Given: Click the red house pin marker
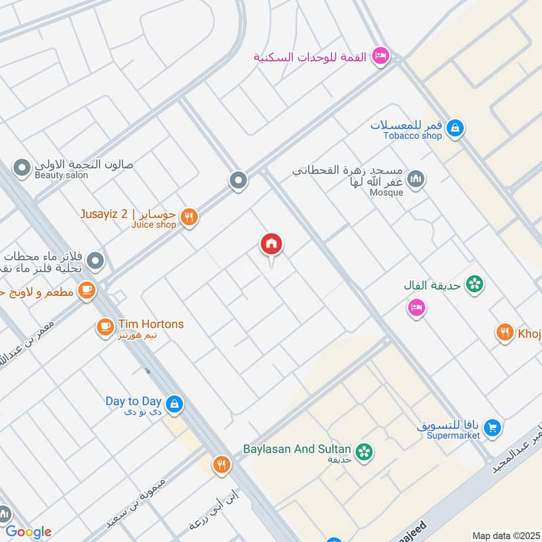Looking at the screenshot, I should pyautogui.click(x=272, y=245).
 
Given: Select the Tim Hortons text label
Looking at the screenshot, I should pyautogui.click(x=150, y=325).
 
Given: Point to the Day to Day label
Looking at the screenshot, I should pyautogui.click(x=133, y=401).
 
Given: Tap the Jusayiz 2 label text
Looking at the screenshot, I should pyautogui.click(x=105, y=214).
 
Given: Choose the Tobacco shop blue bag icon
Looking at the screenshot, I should pyautogui.click(x=455, y=127).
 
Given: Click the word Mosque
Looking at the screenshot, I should pyautogui.click(x=387, y=192).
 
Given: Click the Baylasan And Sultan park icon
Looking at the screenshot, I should pyautogui.click(x=364, y=451).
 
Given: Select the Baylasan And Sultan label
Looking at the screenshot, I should pyautogui.click(x=297, y=449).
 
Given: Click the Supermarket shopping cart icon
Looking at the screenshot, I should pyautogui.click(x=493, y=428).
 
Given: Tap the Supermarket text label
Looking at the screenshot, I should pyautogui.click(x=453, y=436).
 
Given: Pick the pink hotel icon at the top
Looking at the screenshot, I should pyautogui.click(x=381, y=56).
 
